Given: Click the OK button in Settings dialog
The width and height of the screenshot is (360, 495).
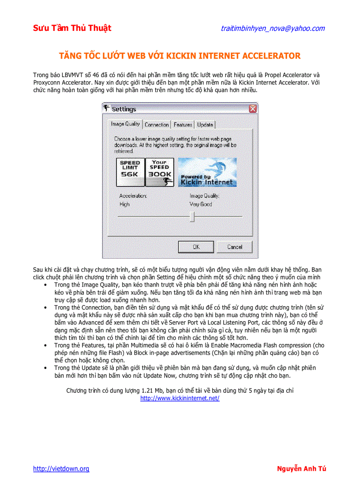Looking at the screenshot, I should click(x=196, y=247).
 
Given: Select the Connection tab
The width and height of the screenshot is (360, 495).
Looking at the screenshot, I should click(x=157, y=125).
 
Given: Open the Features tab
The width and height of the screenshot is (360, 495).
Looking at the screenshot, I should click(x=183, y=125).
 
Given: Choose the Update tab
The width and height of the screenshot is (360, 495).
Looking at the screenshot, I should click(x=205, y=125).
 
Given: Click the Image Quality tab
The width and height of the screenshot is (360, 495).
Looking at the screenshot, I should click(x=125, y=124).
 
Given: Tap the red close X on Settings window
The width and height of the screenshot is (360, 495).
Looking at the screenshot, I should click(x=253, y=108).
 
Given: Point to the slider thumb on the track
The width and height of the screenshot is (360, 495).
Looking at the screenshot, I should click(x=192, y=216).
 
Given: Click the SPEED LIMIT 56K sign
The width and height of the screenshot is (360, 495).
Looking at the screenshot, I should click(x=130, y=172).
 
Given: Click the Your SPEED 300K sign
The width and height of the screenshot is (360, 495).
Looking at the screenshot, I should click(x=159, y=172).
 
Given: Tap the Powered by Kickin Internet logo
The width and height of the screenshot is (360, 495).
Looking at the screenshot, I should click(x=207, y=172).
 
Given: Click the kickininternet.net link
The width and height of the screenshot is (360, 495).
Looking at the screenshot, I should click(x=180, y=398).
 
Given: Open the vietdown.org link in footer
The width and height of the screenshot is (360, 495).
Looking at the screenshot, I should click(x=61, y=469).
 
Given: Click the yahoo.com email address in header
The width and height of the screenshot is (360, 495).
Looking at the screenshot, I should click(x=273, y=28).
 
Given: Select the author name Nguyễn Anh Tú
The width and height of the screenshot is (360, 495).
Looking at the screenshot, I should click(x=301, y=469).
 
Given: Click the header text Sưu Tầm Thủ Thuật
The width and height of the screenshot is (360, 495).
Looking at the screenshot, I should click(x=72, y=28).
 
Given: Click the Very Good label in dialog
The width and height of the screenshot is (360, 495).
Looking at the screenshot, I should click(x=201, y=204).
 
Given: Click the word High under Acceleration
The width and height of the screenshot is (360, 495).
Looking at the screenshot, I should click(x=124, y=204).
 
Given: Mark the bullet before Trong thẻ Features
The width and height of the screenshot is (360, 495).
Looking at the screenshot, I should click(x=46, y=345).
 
